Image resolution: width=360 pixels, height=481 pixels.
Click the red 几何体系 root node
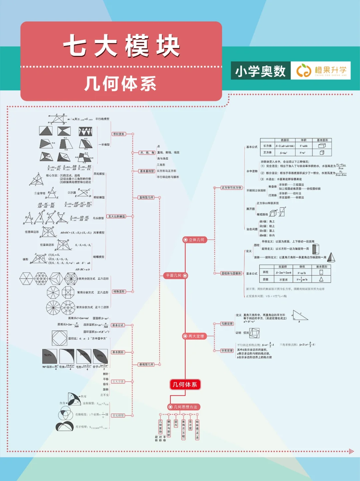click(185, 385)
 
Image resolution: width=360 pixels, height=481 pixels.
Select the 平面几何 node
click(176, 276)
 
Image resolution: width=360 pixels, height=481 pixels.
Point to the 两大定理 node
click(194, 336)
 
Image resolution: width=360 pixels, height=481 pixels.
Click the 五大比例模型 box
click(117, 217)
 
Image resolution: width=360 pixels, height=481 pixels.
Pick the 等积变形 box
click(119, 134)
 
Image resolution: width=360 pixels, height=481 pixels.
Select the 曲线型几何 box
click(147, 364)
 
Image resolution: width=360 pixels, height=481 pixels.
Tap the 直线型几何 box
click(147, 197)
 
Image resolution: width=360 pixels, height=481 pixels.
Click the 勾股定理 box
click(227, 324)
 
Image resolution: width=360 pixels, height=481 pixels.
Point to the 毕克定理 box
click(227, 351)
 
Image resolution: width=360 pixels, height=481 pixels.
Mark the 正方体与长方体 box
click(231, 188)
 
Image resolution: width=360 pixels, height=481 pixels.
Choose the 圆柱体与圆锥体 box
click(231, 273)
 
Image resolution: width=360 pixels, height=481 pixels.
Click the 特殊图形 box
click(119, 292)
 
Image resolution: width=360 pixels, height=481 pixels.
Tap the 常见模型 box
click(118, 415)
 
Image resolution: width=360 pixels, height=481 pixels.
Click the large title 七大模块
click(121, 46)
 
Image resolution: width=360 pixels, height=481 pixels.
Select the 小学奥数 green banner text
click(260, 71)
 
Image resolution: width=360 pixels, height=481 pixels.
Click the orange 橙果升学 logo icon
click(304, 70)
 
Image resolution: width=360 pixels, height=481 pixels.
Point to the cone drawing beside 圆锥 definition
click(331, 257)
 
